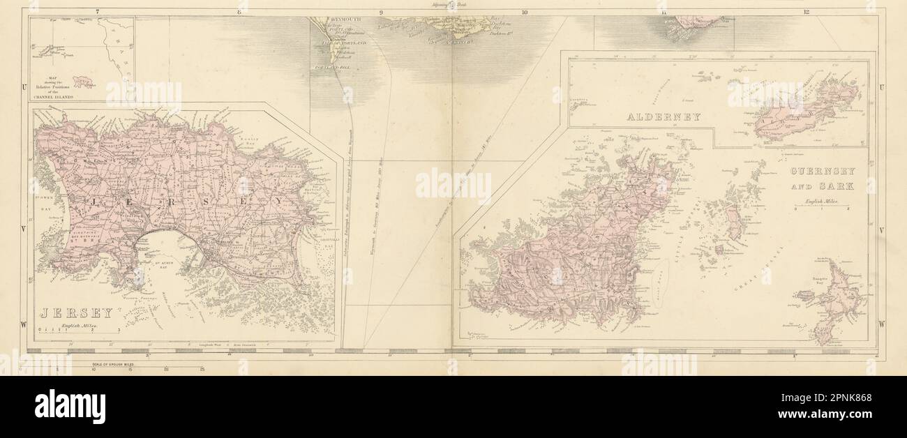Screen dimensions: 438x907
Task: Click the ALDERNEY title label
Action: [x=667, y=117]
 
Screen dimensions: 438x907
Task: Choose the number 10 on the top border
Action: [x=524, y=11]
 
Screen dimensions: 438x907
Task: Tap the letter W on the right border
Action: [x=882, y=324]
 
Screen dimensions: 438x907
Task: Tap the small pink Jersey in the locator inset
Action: [x=82, y=82]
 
